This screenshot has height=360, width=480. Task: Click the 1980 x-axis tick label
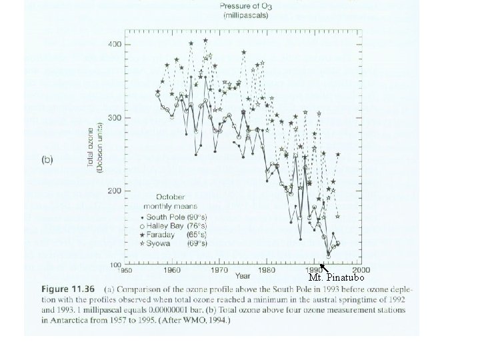click(266, 271)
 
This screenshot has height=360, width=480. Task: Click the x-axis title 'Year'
click(243, 275)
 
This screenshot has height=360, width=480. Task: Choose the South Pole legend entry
click(168, 218)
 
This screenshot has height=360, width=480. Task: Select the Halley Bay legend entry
click(168, 226)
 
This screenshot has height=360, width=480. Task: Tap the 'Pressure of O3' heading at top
click(243, 7)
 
